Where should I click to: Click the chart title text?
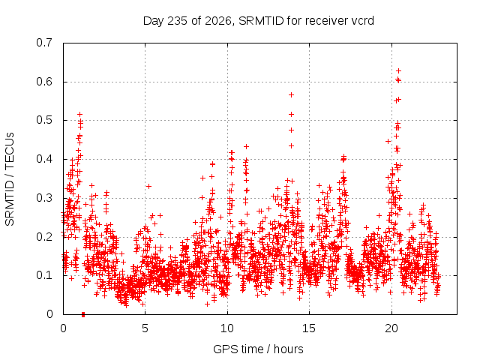[x=258, y=21]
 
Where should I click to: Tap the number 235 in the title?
[x=178, y=21]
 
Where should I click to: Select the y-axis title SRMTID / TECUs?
[x=10, y=179]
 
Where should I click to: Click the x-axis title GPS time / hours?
[x=258, y=349]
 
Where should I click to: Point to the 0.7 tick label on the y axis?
[x=44, y=43]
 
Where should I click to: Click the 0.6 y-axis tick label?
[x=44, y=82]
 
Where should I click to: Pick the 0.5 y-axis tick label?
[x=44, y=120]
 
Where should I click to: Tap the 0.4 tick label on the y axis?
[x=44, y=159]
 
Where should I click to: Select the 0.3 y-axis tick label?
[x=44, y=198]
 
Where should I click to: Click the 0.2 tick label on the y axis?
[x=44, y=237]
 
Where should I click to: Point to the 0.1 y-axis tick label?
[x=44, y=275]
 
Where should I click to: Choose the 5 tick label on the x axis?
[x=145, y=328]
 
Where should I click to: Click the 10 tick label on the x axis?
[x=227, y=328]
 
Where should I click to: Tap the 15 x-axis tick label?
[x=309, y=328]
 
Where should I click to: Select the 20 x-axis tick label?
[x=391, y=328]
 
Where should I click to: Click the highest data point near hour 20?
[x=398, y=71]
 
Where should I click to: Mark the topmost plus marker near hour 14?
[x=292, y=95]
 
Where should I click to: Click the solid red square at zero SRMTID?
[x=83, y=314]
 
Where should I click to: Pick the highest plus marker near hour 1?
[x=80, y=114]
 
